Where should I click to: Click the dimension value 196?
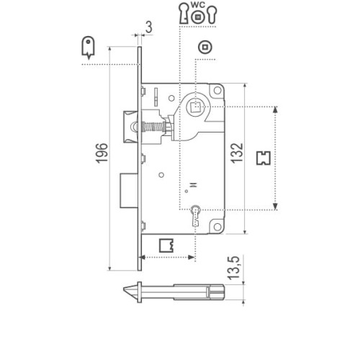[x=102, y=153]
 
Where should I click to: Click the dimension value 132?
[x=237, y=153]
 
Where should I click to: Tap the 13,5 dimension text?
[x=234, y=268]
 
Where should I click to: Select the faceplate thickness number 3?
[x=149, y=27]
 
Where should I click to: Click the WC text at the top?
[x=197, y=5]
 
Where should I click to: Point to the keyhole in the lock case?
[x=196, y=215]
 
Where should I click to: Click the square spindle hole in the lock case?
[x=194, y=107]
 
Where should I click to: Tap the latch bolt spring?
[x=153, y=127]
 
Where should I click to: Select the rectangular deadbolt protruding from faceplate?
[x=129, y=191]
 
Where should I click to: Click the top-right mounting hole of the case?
[x=217, y=91]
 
